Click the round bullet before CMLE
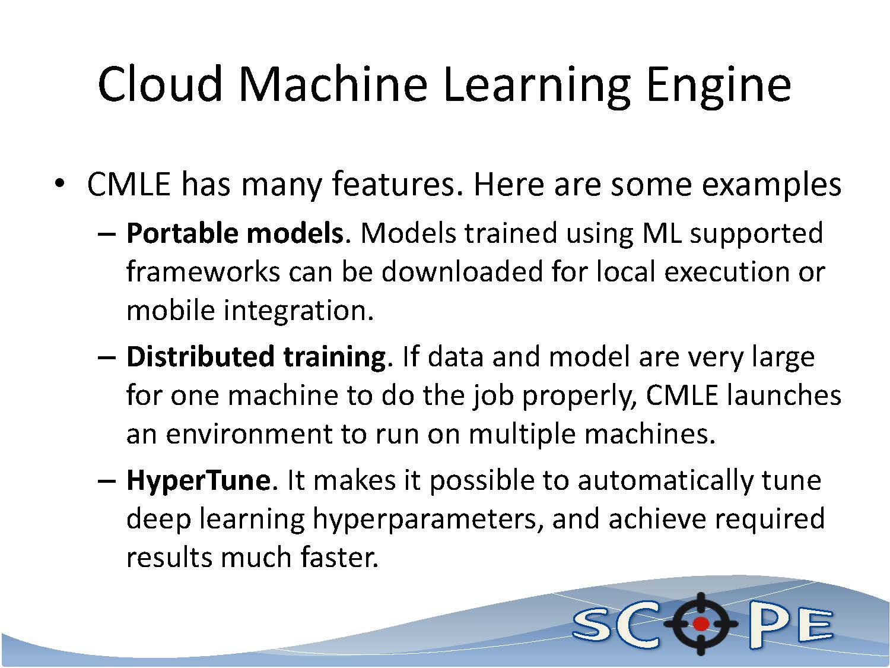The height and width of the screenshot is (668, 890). click(59, 183)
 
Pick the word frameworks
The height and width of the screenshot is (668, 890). click(204, 271)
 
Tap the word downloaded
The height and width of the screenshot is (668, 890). click(462, 271)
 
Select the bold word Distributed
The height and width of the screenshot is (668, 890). click(200, 356)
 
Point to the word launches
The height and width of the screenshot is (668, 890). click(784, 395)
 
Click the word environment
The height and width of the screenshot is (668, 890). click(249, 435)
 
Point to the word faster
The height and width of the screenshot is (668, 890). click(339, 558)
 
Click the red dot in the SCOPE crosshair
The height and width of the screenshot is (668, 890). click(700, 624)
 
